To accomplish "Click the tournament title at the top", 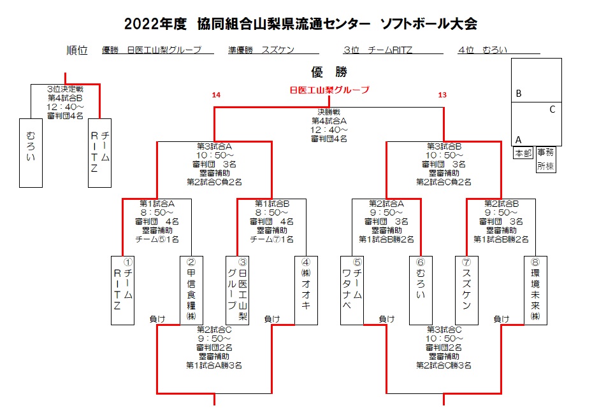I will point(300,24).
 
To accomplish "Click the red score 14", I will point(216,95).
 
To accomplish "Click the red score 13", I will point(442,95).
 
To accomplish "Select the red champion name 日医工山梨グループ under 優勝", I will point(329,90).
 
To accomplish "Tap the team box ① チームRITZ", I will point(122,290).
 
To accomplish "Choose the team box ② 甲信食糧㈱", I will point(191,290).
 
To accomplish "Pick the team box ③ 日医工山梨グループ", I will point(237,290).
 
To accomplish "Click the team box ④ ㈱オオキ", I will point(305,290).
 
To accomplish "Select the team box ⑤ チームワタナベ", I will point(352,290).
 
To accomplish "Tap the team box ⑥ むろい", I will point(420,290).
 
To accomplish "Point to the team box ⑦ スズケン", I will point(466,290).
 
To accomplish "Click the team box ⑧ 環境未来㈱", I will point(535,290).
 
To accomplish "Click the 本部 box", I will point(523,153).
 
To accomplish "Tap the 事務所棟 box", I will point(545,159).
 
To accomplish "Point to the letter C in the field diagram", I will point(552,109).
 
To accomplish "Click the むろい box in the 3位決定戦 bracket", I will point(31,153).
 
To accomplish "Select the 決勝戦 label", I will point(328,112).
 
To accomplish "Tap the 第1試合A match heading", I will point(157,204).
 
